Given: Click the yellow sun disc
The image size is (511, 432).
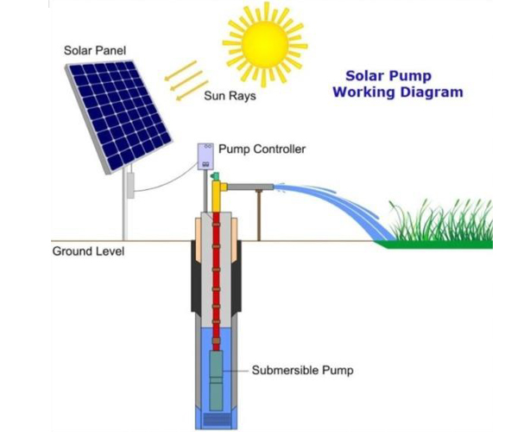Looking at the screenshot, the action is pos(265,44).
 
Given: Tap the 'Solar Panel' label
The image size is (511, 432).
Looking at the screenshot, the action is pos(95,51).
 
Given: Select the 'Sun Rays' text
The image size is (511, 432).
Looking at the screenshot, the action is pos(230,96).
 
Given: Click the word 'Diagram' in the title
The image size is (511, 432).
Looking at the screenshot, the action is pos(432,92).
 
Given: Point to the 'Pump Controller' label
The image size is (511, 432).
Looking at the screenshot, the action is pos(262,149).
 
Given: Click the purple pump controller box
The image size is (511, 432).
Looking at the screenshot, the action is pos(205,156).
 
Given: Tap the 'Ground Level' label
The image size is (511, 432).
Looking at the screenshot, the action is pos(88,251).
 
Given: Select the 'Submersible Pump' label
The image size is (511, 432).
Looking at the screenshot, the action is pos(302,371).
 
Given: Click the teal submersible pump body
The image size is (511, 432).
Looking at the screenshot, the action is pos(216,380).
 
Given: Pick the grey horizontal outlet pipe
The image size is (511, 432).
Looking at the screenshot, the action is pos(250,187).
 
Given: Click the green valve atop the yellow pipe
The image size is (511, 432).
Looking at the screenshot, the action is pos(215,176).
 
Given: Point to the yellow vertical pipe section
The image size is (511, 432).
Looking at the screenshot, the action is pos(217,196).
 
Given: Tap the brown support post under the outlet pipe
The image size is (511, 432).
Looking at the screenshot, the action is pos(259,216).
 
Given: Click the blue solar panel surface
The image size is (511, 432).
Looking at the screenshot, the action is pos(120,116).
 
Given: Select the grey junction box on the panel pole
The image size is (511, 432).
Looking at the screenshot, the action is pos(130,186).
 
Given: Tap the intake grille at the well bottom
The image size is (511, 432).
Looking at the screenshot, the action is pos(217,420).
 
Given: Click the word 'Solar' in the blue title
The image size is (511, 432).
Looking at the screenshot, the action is pos(364,76).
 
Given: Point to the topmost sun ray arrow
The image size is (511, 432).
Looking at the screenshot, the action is pos(180,70).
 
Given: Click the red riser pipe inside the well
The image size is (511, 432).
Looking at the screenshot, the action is pos(216,277).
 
